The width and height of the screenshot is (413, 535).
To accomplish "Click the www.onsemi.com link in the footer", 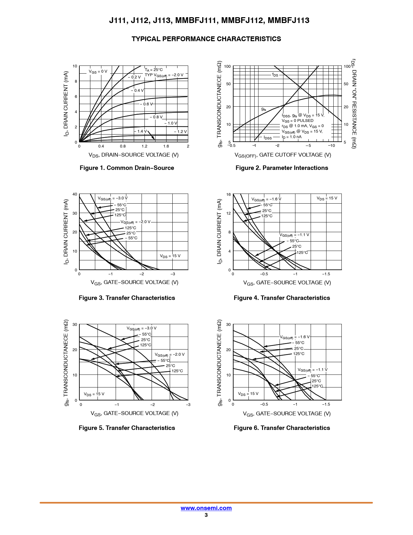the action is (x=206, y=508).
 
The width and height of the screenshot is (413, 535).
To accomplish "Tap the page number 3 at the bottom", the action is (x=206, y=515).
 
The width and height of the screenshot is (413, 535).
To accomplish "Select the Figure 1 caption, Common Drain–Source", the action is (x=127, y=168).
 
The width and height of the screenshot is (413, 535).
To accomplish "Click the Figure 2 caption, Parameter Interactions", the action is (x=281, y=168).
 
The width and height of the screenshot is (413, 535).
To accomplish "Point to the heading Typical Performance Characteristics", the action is (x=206, y=39).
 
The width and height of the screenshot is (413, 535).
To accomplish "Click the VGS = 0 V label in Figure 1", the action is (x=98, y=72).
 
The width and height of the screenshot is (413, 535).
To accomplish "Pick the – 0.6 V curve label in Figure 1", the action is (x=146, y=104).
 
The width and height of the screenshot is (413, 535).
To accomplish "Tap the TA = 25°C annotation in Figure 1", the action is (x=154, y=70).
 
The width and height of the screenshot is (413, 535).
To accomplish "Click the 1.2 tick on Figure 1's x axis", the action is (x=144, y=146).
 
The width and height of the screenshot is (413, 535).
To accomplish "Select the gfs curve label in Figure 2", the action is (x=263, y=109).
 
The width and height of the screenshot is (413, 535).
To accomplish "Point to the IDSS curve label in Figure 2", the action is (x=268, y=138).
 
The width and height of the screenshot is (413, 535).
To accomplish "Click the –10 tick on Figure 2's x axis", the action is (x=331, y=146).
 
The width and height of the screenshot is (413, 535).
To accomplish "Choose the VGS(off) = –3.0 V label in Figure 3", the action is (x=113, y=198).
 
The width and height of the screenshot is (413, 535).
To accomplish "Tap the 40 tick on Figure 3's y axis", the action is (x=75, y=194).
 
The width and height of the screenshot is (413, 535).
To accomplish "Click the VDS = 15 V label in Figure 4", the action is (x=327, y=198).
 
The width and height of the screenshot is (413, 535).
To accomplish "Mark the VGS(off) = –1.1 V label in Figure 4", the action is (x=294, y=235).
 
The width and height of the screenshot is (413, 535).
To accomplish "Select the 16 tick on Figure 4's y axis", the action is (x=228, y=195).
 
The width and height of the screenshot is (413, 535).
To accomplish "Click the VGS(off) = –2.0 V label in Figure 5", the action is (x=169, y=355).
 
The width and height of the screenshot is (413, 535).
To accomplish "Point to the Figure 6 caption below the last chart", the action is (x=281, y=428).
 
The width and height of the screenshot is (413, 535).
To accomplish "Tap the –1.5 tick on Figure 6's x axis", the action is (x=326, y=404).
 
